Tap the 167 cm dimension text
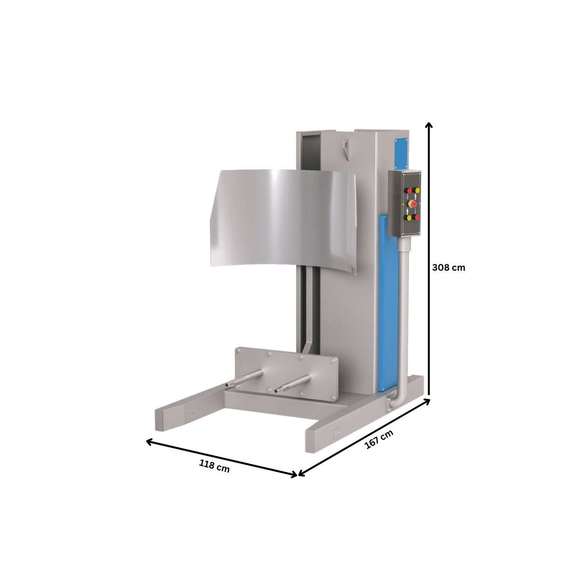tap(379, 440)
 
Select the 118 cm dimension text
tap(214, 466)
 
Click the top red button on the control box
tap(410, 191)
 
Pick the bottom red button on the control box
tap(417, 217)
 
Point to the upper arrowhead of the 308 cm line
tap(428, 125)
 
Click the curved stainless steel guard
tap(285, 217)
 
